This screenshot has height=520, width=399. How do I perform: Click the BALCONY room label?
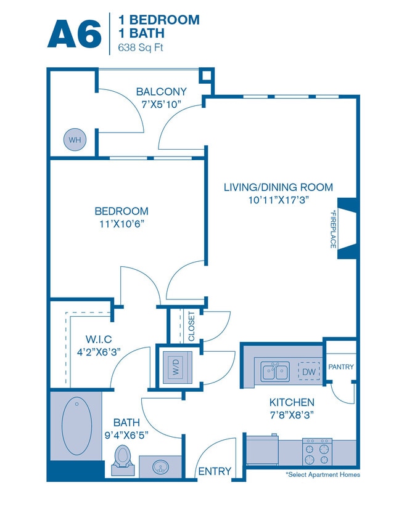(161, 92)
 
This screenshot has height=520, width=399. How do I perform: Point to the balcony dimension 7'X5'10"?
(161, 104)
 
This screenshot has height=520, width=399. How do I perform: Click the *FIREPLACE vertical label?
(332, 229)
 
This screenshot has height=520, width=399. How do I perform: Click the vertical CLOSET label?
(191, 327)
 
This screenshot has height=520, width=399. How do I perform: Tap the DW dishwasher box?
(309, 372)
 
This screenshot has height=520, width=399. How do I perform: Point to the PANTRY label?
(340, 367)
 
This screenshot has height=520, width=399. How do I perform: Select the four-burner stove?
(318, 452)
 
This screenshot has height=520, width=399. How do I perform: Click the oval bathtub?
(76, 425)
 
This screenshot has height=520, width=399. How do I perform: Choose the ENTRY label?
(214, 471)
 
